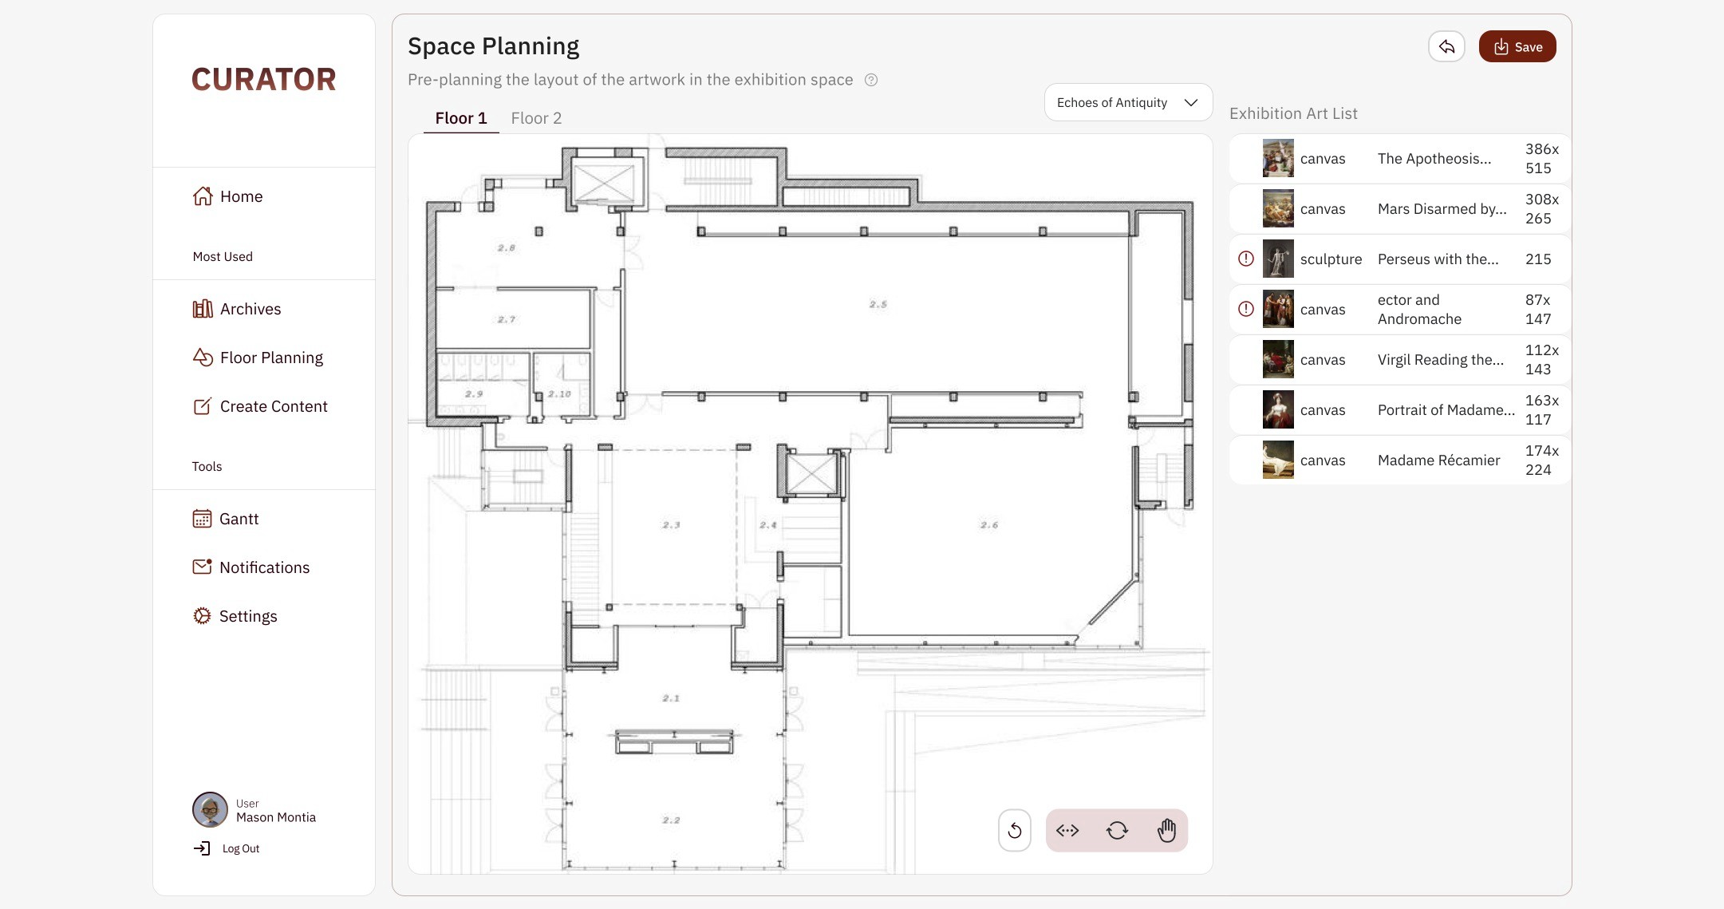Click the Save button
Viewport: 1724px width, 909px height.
(x=1517, y=46)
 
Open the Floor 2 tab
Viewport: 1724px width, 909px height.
(x=536, y=118)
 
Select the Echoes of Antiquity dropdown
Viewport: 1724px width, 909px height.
(x=1128, y=102)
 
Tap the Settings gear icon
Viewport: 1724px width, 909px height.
(x=202, y=616)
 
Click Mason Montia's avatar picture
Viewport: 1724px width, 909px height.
(x=210, y=810)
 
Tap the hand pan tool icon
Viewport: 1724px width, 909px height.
(x=1166, y=830)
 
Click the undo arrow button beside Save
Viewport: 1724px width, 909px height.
(x=1446, y=46)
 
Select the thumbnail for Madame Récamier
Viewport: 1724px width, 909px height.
(x=1278, y=460)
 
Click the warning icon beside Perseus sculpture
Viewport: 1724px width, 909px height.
(x=1246, y=259)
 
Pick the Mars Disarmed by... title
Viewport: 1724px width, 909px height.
(x=1442, y=209)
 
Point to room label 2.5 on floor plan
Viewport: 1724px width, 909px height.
(x=878, y=304)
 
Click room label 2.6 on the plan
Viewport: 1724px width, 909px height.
(x=989, y=524)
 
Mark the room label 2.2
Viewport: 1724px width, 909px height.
(x=671, y=820)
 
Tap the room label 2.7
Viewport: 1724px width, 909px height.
(x=507, y=319)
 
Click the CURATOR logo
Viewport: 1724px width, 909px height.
(x=264, y=79)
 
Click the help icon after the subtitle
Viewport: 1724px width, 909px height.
(x=871, y=80)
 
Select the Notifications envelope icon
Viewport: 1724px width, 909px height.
(x=202, y=567)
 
